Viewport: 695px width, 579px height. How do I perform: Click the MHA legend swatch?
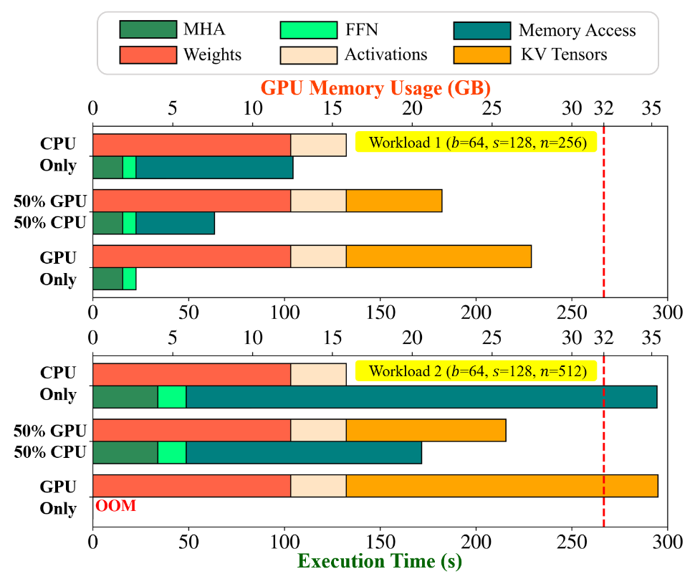click(148, 30)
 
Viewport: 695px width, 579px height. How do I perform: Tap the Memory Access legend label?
click(577, 30)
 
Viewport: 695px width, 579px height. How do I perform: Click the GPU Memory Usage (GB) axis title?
click(375, 89)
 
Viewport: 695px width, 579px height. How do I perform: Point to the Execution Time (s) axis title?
click(380, 560)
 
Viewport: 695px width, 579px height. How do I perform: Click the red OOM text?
click(115, 507)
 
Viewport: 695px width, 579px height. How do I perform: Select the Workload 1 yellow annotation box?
click(476, 142)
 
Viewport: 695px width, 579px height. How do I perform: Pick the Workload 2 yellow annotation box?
click(476, 372)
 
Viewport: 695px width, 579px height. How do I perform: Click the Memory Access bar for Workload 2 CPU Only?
click(421, 396)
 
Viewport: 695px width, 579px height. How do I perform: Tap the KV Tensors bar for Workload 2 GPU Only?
click(502, 486)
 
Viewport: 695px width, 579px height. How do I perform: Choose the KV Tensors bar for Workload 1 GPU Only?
click(438, 256)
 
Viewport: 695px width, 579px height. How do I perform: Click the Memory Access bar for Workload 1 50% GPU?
click(175, 223)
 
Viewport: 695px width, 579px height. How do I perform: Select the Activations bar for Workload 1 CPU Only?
click(318, 145)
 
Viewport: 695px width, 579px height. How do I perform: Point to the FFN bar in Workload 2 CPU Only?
click(172, 396)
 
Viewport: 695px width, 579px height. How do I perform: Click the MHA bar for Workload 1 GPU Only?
click(107, 279)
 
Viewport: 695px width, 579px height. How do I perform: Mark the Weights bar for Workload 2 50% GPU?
click(191, 430)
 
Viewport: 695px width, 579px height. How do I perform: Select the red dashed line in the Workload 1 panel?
click(603, 215)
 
